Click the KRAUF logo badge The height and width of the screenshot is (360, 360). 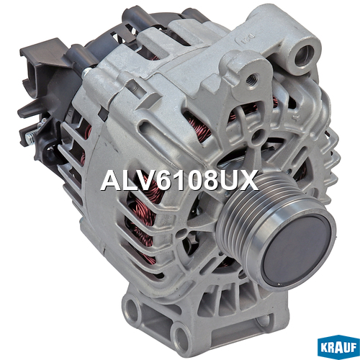pyautogui.click(x=338, y=347)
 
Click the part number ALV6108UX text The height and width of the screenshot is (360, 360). pyautogui.click(x=179, y=180)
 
